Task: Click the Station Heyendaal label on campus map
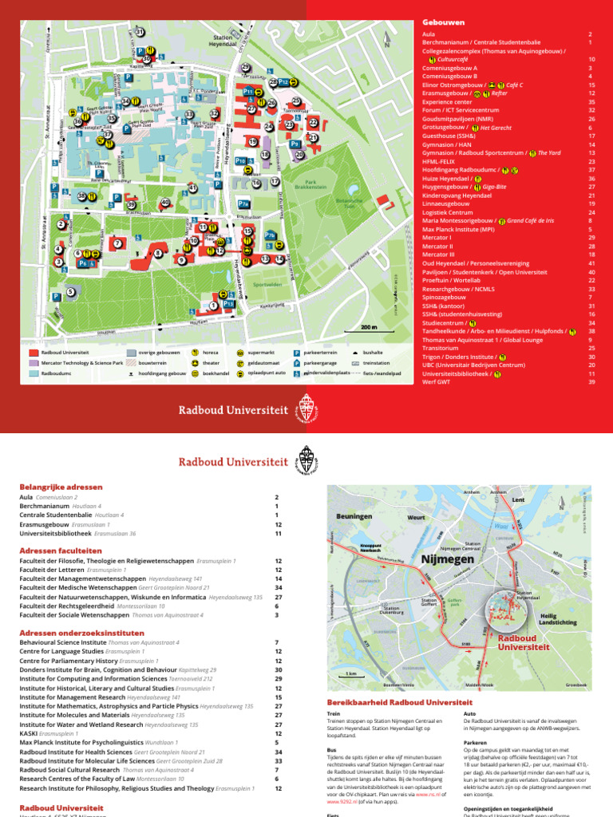coord(223,41)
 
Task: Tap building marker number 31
coord(140,32)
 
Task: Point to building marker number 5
coord(71,292)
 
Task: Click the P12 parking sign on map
coord(283,82)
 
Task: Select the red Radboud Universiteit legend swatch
coord(33,351)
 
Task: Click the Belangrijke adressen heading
coord(61,486)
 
